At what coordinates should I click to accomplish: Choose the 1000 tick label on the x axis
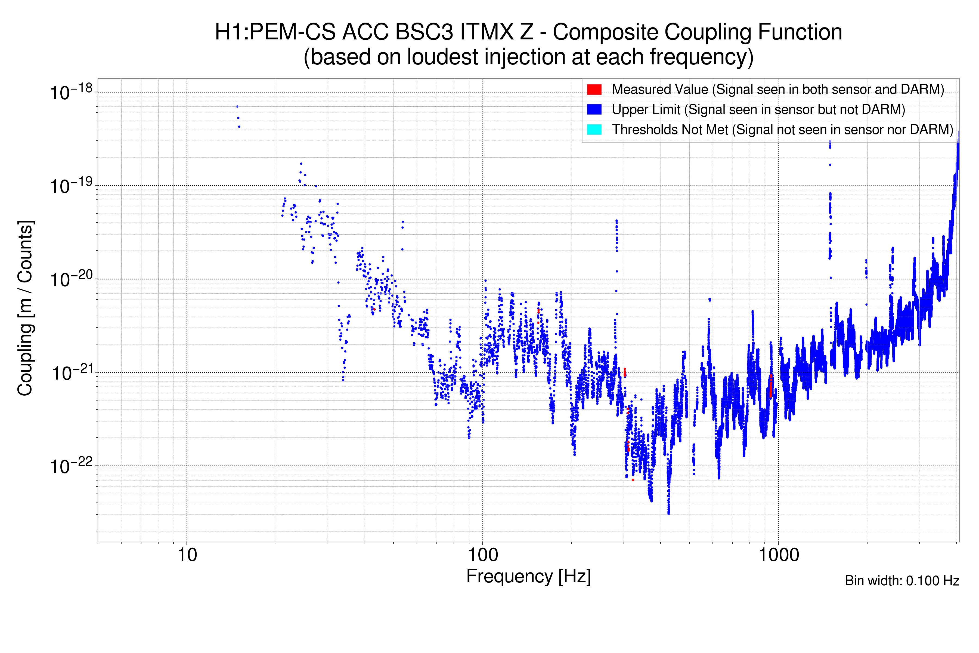[x=778, y=555]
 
